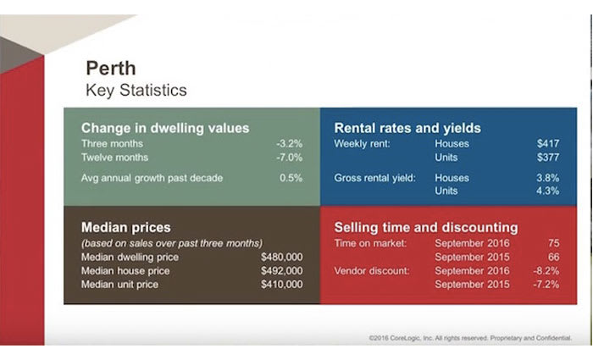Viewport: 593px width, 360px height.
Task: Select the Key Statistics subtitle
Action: point(136,89)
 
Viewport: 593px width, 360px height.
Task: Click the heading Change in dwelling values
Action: point(165,128)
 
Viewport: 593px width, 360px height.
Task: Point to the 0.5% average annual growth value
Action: point(291,178)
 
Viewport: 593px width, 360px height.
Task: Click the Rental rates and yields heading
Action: point(407,128)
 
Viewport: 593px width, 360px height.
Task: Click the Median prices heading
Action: point(125,227)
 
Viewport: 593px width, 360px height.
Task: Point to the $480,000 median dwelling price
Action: point(281,257)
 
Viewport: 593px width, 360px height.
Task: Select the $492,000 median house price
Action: point(281,270)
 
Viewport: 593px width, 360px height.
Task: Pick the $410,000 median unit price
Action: point(281,284)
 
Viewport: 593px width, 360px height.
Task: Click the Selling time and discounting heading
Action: point(426,227)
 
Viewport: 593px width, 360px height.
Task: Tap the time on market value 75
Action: point(553,243)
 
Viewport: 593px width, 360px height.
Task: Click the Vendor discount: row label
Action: point(373,270)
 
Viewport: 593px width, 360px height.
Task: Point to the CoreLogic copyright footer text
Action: point(469,338)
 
